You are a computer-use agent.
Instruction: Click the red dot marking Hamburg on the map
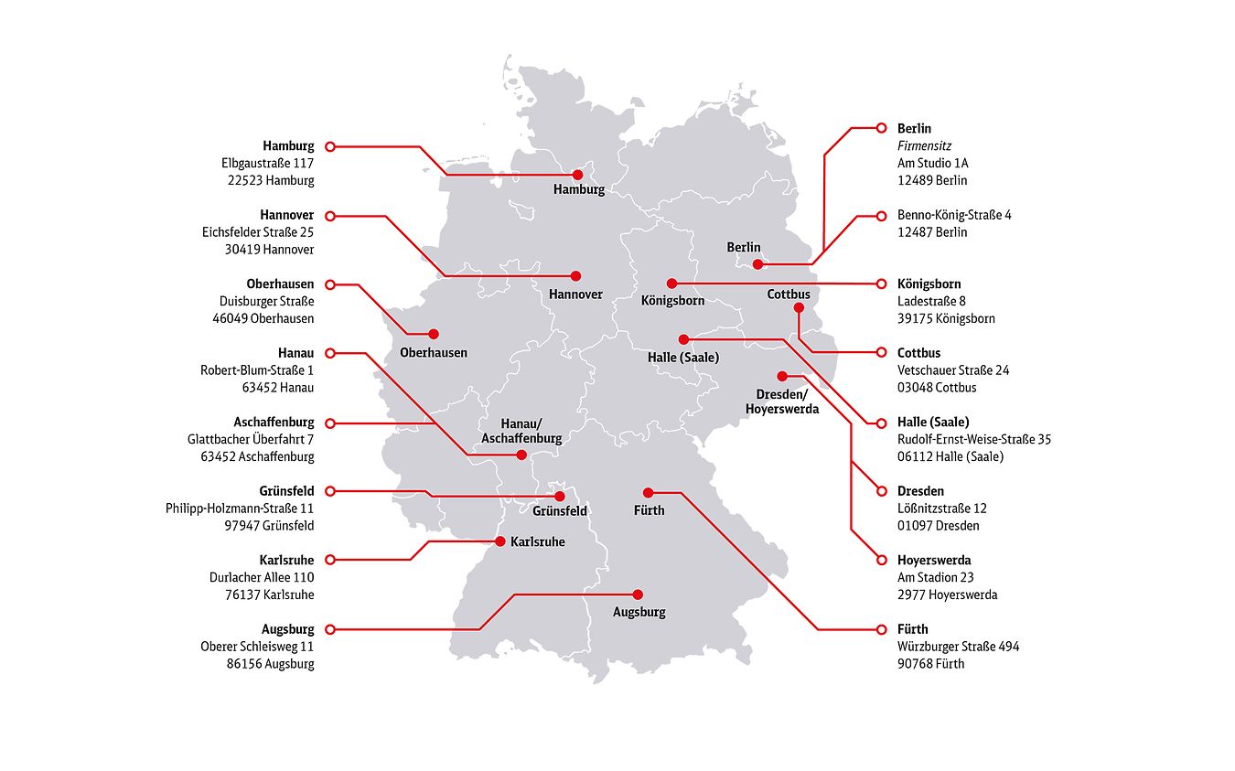click(577, 174)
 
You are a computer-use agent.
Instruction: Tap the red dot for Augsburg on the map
click(638, 594)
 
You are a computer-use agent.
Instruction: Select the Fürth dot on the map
click(648, 492)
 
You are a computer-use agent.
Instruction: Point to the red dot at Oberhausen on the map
click(434, 334)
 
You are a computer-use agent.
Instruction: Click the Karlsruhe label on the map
click(537, 542)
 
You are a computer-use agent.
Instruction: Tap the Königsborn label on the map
click(672, 300)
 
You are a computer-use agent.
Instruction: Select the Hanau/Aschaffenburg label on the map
click(521, 431)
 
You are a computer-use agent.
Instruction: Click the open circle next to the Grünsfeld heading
click(330, 491)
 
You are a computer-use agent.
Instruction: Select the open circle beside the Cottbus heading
click(881, 352)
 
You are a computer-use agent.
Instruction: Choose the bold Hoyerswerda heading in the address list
click(934, 560)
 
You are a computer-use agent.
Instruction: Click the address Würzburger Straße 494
click(958, 647)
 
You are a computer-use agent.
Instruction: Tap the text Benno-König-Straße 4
click(954, 215)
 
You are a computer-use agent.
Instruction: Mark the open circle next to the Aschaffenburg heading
click(330, 423)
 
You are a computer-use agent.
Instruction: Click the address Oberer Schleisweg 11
click(257, 647)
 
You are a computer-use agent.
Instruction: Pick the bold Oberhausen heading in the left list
click(280, 284)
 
